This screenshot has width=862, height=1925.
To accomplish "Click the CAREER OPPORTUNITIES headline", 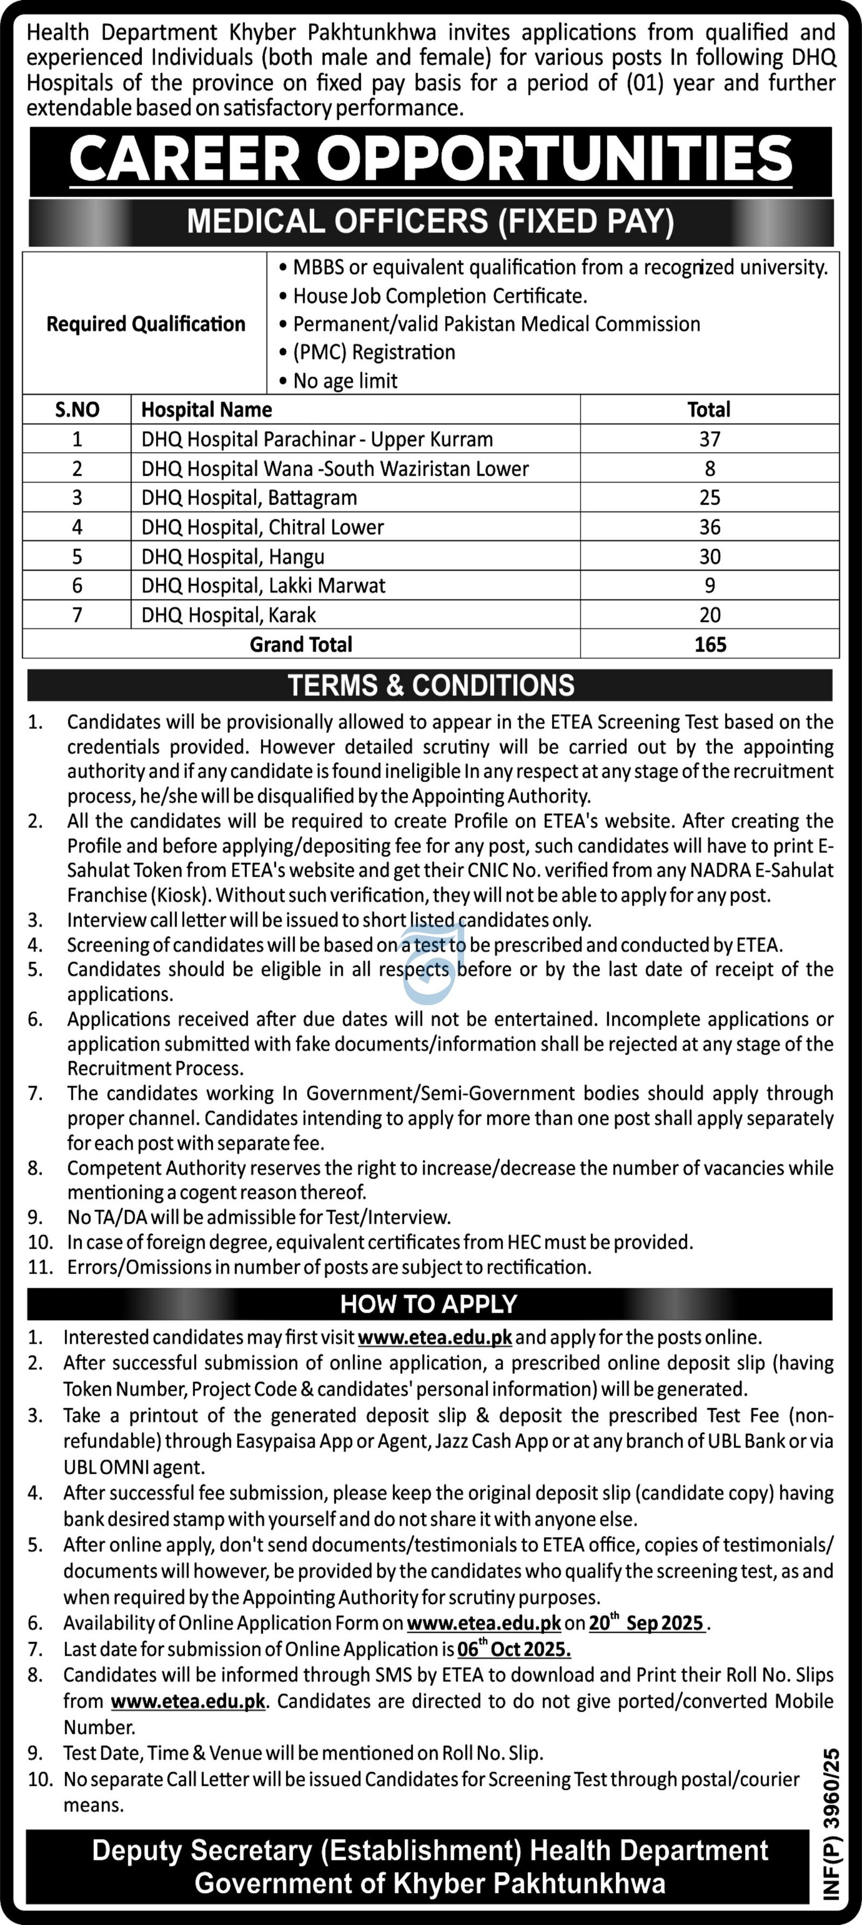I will pyautogui.click(x=430, y=159).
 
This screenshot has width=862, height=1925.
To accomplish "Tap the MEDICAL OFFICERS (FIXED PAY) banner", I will pyautogui.click(x=430, y=222).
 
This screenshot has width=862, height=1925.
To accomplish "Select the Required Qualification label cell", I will pyautogui.click(x=145, y=323).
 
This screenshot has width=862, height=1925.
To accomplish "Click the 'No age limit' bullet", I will pyautogui.click(x=345, y=380).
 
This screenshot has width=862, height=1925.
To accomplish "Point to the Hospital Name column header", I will pyautogui.click(x=206, y=410).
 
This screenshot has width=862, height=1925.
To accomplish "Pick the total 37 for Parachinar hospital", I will pyautogui.click(x=709, y=439).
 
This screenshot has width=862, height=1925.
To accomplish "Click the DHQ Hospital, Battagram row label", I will pyautogui.click(x=249, y=498).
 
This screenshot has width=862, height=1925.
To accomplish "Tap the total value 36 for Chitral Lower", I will pyautogui.click(x=709, y=527).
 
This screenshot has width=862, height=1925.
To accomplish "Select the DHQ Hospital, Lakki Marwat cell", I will pyautogui.click(x=263, y=585).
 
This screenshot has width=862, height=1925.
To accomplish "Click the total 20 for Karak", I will pyautogui.click(x=709, y=615).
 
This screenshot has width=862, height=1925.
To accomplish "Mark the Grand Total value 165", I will pyautogui.click(x=709, y=644).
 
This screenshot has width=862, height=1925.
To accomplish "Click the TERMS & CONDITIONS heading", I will pyautogui.click(x=431, y=685).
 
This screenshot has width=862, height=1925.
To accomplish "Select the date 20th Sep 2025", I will pyautogui.click(x=646, y=1622).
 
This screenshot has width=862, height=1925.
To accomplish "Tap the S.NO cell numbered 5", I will pyautogui.click(x=77, y=557).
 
